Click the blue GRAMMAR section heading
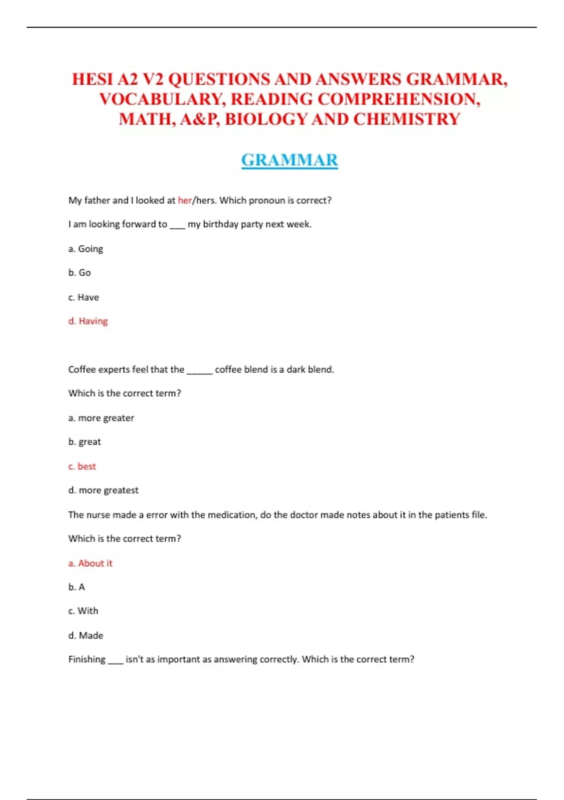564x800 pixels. pyautogui.click(x=290, y=160)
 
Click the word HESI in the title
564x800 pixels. pyautogui.click(x=92, y=79)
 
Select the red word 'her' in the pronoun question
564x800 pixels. pyautogui.click(x=185, y=200)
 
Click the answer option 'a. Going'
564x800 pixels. pyautogui.click(x=86, y=249)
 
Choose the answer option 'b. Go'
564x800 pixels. pyautogui.click(x=79, y=273)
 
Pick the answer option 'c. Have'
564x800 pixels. pyautogui.click(x=84, y=297)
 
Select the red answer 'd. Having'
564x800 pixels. pyautogui.click(x=88, y=321)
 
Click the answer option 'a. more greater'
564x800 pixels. pyautogui.click(x=101, y=418)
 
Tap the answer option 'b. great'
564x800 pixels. pyautogui.click(x=85, y=442)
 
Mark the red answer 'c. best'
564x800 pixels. pyautogui.click(x=82, y=466)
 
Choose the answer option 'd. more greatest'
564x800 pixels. pyautogui.click(x=103, y=490)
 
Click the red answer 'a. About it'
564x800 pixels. pyautogui.click(x=90, y=563)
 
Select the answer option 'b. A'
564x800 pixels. pyautogui.click(x=77, y=587)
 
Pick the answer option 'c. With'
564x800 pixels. pyautogui.click(x=83, y=611)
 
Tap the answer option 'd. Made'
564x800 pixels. pyautogui.click(x=86, y=636)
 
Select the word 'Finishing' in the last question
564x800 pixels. pyautogui.click(x=87, y=659)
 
